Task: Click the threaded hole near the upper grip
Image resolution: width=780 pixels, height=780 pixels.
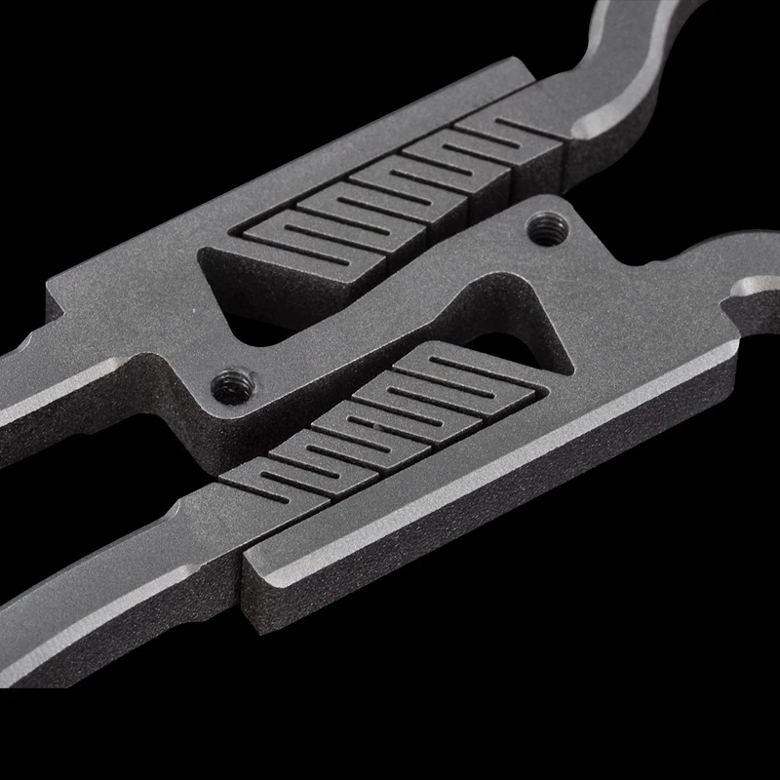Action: (x=543, y=231)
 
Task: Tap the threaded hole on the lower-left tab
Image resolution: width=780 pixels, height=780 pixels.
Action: (x=230, y=386)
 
